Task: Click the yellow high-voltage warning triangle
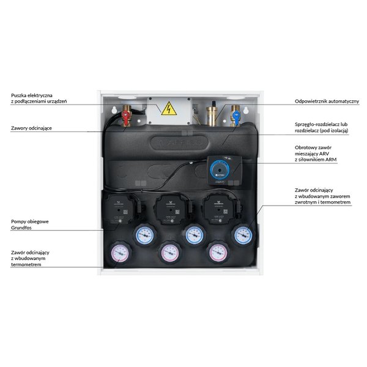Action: pos(165,109)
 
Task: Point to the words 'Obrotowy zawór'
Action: pos(313,147)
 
